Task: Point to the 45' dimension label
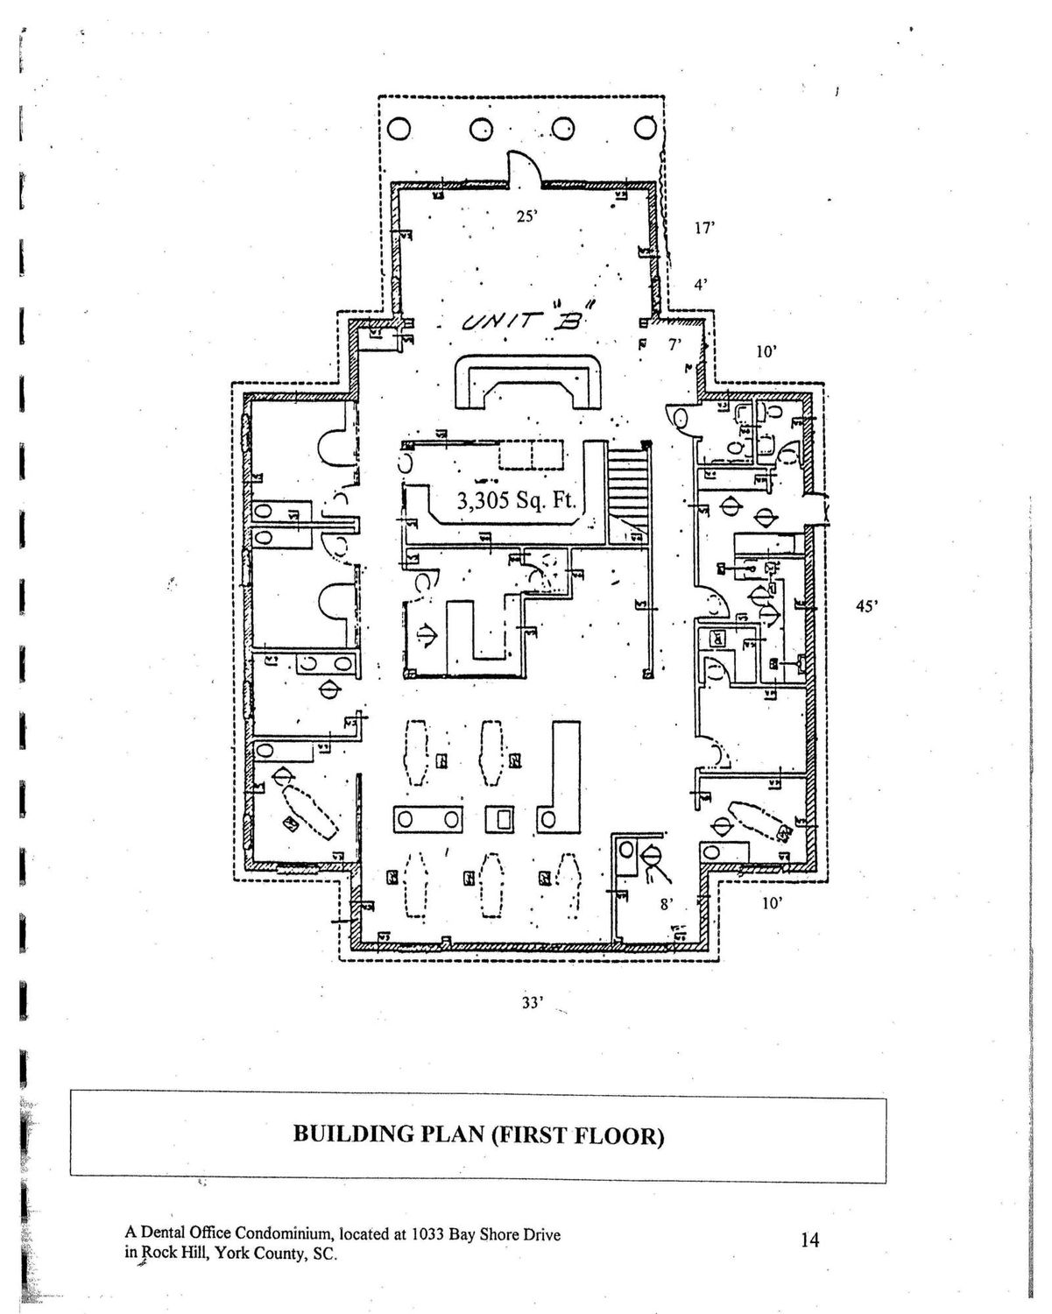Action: (x=866, y=604)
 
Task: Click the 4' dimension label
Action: (x=700, y=284)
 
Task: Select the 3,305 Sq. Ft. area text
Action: (x=516, y=500)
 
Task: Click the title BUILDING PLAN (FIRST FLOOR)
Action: (x=478, y=1135)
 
